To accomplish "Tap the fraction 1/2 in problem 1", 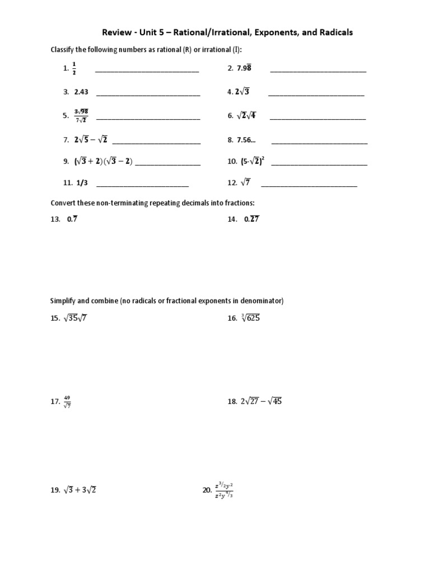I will pos(74,69).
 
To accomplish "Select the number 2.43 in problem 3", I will pos(81,92).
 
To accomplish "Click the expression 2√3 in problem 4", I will pos(242,92).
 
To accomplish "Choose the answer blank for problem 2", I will pos(318,71).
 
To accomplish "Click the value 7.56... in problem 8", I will pos(246,140).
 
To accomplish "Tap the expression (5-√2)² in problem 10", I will pos(253,162).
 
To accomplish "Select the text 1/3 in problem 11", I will pos(82,182).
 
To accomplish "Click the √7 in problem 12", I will pos(246,182).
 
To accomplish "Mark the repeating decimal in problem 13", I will pos(72,219).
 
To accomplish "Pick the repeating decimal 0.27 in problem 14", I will pos(251,219).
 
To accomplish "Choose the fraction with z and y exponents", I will pos(223,490).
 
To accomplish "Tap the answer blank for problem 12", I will pos(309,185).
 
